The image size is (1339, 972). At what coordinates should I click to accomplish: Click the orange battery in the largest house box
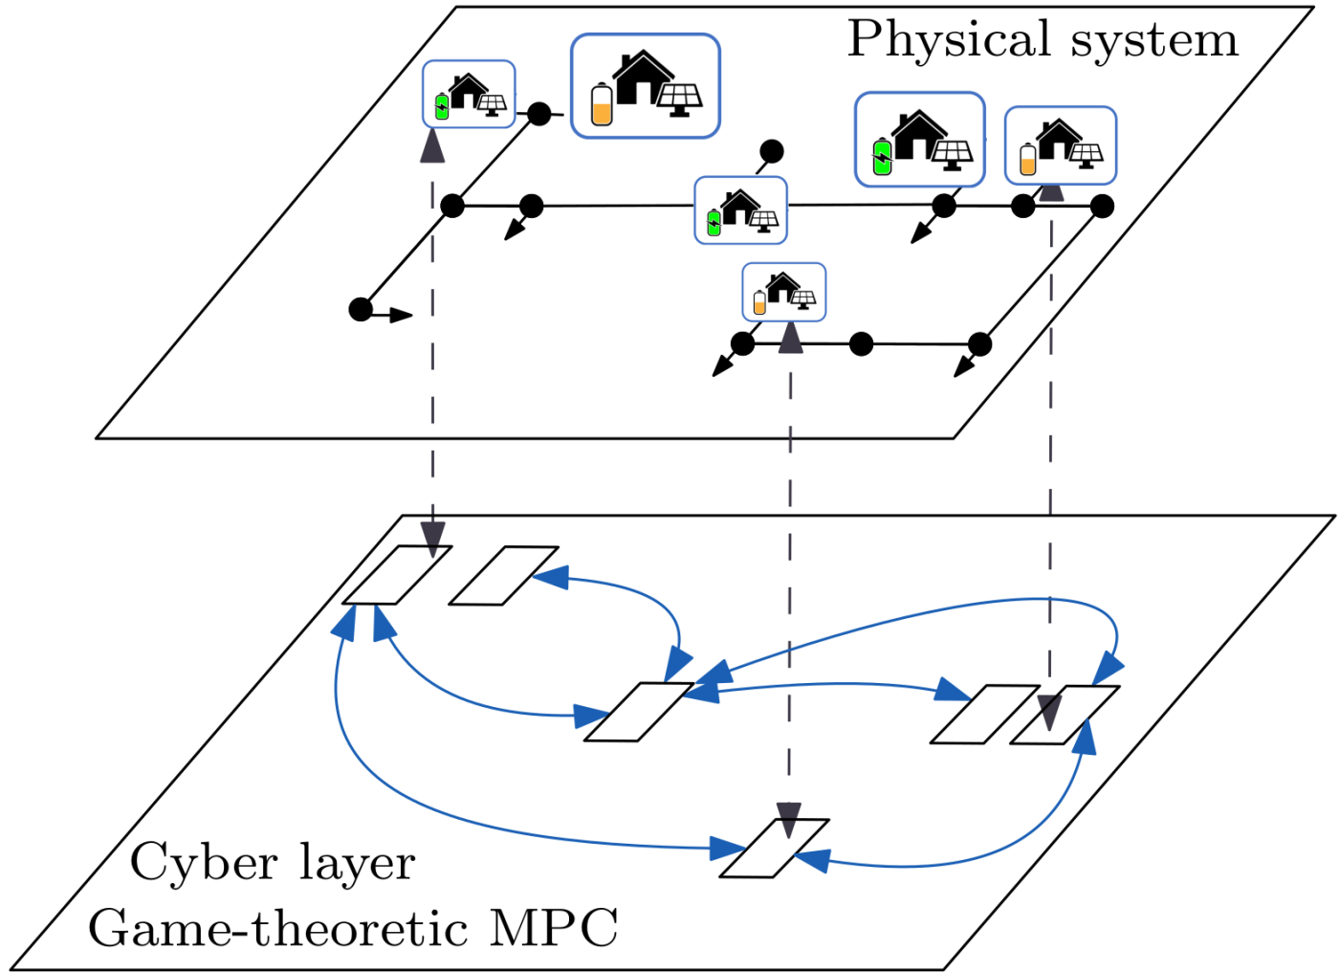tap(602, 105)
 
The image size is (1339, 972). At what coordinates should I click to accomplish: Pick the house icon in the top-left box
tap(468, 91)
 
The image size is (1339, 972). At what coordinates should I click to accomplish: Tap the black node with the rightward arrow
tap(361, 309)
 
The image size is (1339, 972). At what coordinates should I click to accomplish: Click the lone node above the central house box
tap(771, 151)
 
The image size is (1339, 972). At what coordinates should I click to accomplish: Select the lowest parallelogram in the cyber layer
tap(775, 848)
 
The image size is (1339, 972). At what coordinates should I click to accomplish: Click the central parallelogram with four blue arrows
tap(639, 712)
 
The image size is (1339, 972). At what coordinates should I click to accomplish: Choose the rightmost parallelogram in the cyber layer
tap(1065, 715)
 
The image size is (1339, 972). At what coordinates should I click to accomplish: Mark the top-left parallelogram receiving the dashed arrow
tap(397, 575)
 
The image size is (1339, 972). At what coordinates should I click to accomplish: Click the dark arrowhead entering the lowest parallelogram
tap(789, 820)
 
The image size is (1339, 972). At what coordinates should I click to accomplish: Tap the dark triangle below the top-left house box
tap(432, 146)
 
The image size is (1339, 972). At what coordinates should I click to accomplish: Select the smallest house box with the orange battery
tap(784, 292)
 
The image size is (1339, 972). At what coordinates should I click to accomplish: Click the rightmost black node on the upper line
tap(1102, 206)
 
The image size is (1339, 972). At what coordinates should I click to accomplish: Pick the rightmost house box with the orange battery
tap(1060, 145)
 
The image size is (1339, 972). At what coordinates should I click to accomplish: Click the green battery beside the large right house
tap(883, 157)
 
